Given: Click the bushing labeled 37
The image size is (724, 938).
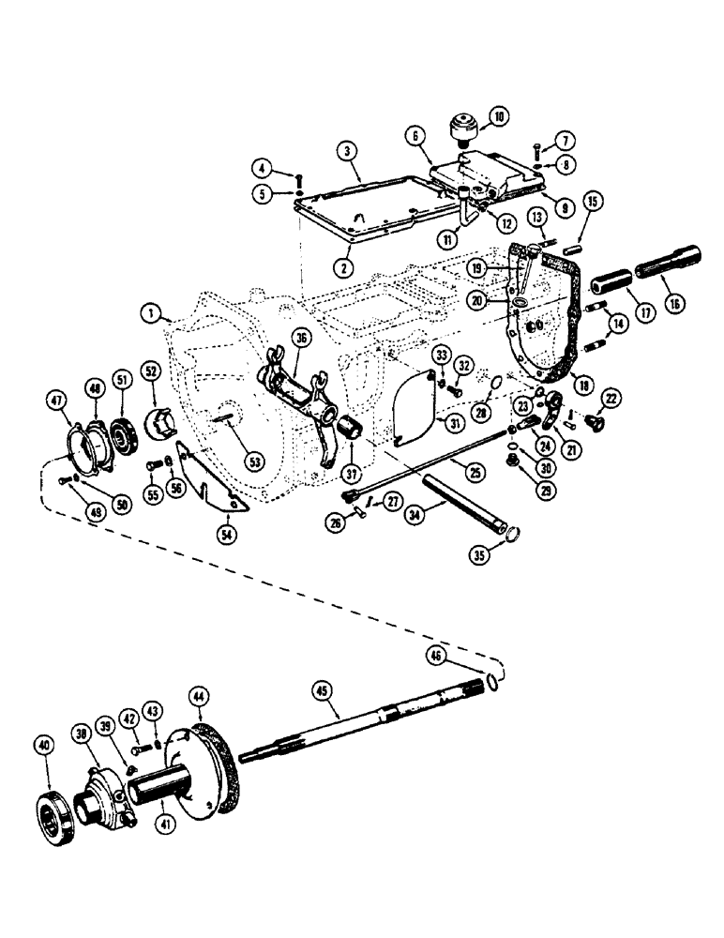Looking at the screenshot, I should click(355, 435).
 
